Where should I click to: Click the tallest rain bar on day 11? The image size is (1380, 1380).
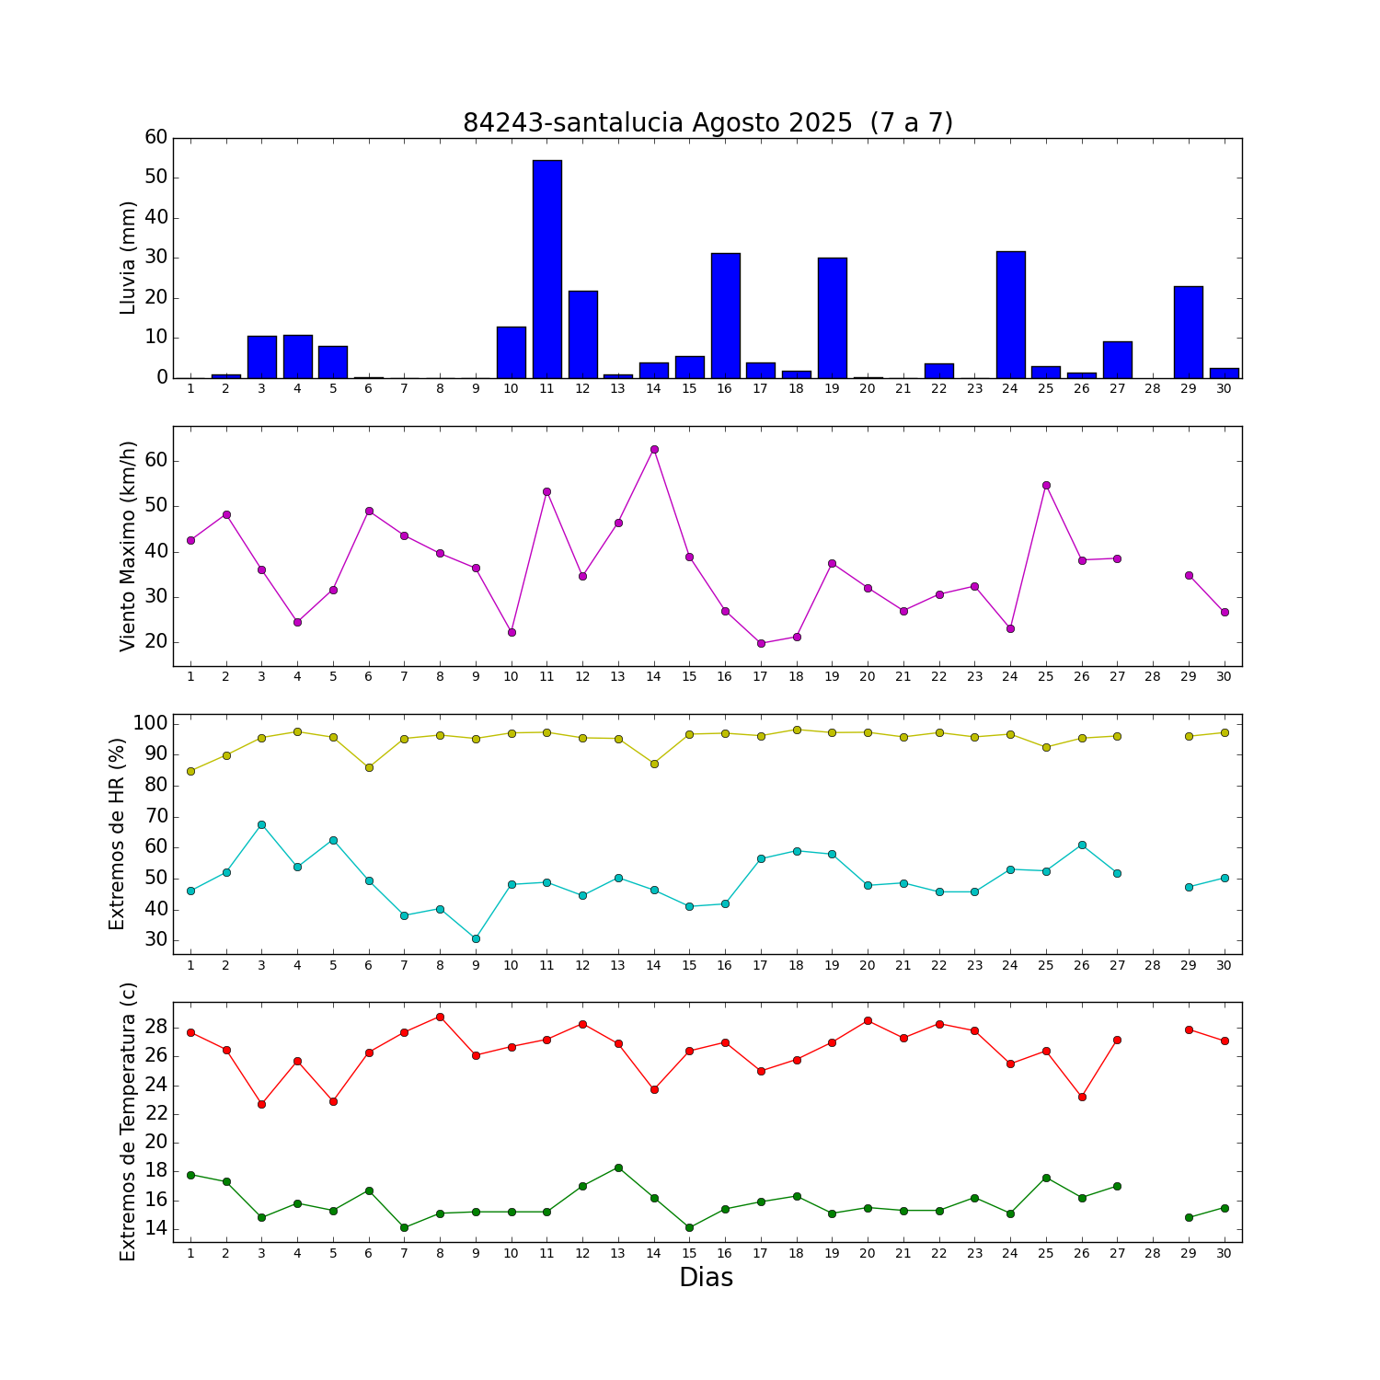(546, 270)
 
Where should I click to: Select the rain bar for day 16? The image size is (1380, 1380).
(725, 316)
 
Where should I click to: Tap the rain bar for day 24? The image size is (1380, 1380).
(1010, 315)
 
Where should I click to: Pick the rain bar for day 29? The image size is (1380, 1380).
(1188, 332)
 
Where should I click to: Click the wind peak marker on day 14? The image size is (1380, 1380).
(654, 450)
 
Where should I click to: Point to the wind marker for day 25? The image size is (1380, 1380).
(1046, 485)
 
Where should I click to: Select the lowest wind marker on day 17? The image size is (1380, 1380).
(761, 643)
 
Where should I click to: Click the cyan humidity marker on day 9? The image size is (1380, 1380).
(476, 938)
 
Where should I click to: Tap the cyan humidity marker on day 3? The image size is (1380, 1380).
(261, 824)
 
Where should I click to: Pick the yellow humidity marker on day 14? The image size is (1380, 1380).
(654, 764)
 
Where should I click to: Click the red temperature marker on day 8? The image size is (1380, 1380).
(440, 1017)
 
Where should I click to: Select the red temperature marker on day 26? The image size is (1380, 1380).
(1082, 1097)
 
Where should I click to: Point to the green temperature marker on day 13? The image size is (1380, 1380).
(618, 1167)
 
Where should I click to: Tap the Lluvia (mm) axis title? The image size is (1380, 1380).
(128, 258)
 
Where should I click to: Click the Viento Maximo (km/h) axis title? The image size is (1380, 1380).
(128, 546)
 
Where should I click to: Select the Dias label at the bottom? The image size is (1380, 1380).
(706, 1278)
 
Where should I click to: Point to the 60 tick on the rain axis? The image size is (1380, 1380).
(156, 138)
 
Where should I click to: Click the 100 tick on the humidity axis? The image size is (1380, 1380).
(150, 723)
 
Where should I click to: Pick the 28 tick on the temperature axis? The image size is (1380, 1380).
(156, 1026)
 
